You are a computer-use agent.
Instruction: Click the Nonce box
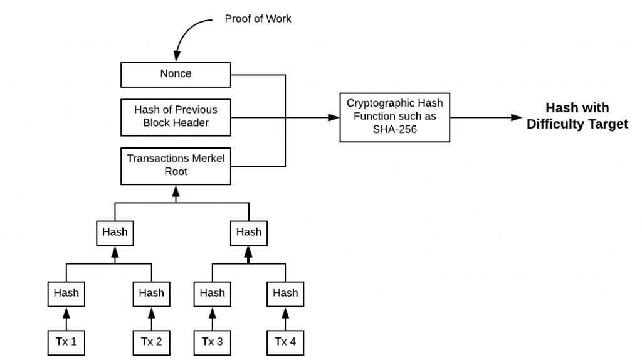[x=176, y=74]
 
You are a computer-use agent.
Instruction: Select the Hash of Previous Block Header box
[x=176, y=117]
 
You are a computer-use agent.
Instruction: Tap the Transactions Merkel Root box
[x=176, y=165]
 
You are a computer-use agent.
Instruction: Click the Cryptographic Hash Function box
[x=394, y=117]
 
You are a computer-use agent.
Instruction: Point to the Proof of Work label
[x=258, y=19]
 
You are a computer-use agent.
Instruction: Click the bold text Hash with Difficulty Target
[x=577, y=116]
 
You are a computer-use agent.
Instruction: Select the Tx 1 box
[x=66, y=341]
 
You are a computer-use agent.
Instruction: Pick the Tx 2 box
[x=151, y=341]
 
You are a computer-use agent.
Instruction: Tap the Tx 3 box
[x=213, y=341]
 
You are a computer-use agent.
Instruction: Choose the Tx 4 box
[x=285, y=341]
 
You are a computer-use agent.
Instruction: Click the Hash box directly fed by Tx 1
[x=66, y=293]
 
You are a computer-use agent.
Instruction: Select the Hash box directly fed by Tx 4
[x=285, y=293]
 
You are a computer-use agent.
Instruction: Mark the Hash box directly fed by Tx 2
[x=151, y=293]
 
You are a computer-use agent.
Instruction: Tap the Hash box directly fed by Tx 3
[x=213, y=293]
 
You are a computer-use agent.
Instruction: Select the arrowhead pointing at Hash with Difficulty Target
[x=517, y=117]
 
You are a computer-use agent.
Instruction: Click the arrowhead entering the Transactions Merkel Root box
[x=176, y=189]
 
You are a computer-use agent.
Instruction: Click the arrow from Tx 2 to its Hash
[x=151, y=317]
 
